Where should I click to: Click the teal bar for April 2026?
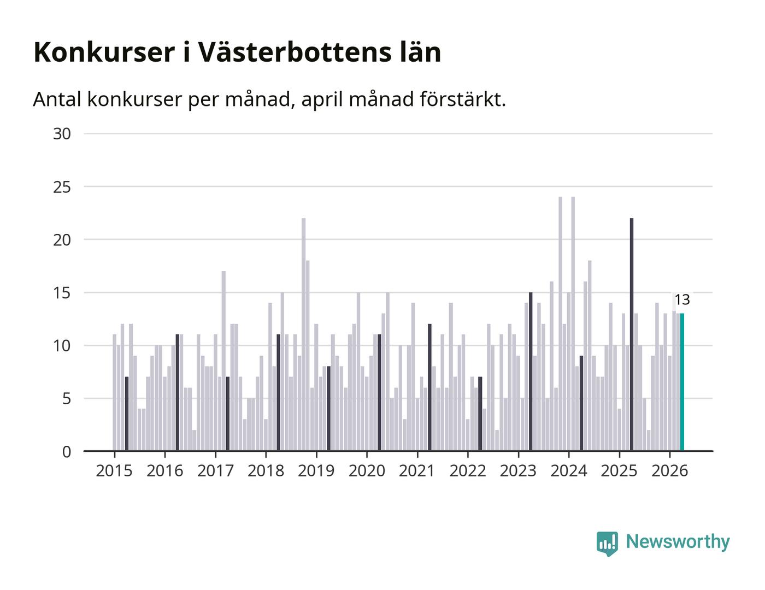pyautogui.click(x=682, y=382)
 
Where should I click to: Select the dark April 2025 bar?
pyautogui.click(x=632, y=334)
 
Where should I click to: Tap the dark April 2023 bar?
pyautogui.click(x=531, y=371)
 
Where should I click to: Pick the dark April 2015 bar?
pyautogui.click(x=127, y=414)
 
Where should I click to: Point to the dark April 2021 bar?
pyautogui.click(x=429, y=387)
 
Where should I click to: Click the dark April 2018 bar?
pyautogui.click(x=278, y=392)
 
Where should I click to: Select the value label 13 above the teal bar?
pyautogui.click(x=682, y=300)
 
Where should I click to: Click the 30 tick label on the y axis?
pyautogui.click(x=62, y=134)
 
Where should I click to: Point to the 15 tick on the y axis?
pyautogui.click(x=62, y=293)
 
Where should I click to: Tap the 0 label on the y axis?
pyautogui.click(x=67, y=452)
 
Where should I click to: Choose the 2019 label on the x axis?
pyautogui.click(x=316, y=471)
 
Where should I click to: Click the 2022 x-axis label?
pyautogui.click(x=468, y=471)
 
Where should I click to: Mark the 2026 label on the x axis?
pyautogui.click(x=669, y=471)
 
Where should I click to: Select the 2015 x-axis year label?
pyautogui.click(x=114, y=471)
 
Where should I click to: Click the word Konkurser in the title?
pyautogui.click(x=104, y=53)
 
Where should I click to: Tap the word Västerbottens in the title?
pyautogui.click(x=295, y=52)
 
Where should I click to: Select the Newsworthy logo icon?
pyautogui.click(x=607, y=544)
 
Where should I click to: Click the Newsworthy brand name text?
pyautogui.click(x=678, y=542)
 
